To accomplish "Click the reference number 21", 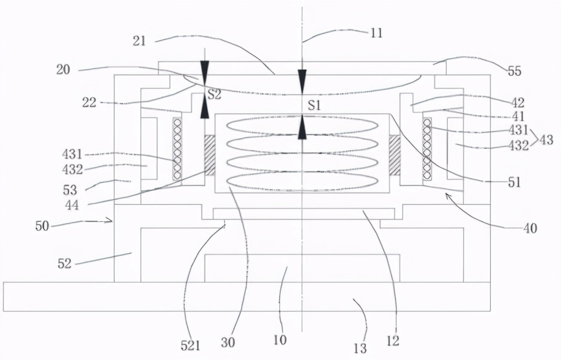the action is [x=139, y=41].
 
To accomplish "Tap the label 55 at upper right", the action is [x=515, y=72].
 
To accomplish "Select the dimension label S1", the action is [x=314, y=105].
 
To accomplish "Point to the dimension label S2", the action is [x=214, y=95].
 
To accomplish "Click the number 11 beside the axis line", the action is [x=375, y=33].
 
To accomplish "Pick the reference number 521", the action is [x=191, y=345].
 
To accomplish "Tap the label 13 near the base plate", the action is [x=360, y=348].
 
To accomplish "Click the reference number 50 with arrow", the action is [x=42, y=226].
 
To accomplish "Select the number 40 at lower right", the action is [x=530, y=228].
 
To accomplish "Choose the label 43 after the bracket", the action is [x=546, y=139].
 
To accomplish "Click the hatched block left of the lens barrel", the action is [x=209, y=155].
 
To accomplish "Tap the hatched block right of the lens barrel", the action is [x=394, y=155].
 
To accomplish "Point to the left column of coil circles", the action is [x=177, y=149].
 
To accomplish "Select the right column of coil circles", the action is [x=427, y=149].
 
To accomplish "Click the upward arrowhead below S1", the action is [x=302, y=127].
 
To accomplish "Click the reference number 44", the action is [x=72, y=205].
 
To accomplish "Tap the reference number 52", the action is [x=65, y=264].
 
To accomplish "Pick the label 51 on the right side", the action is [x=514, y=182].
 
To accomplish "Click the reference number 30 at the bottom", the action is [x=228, y=343].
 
